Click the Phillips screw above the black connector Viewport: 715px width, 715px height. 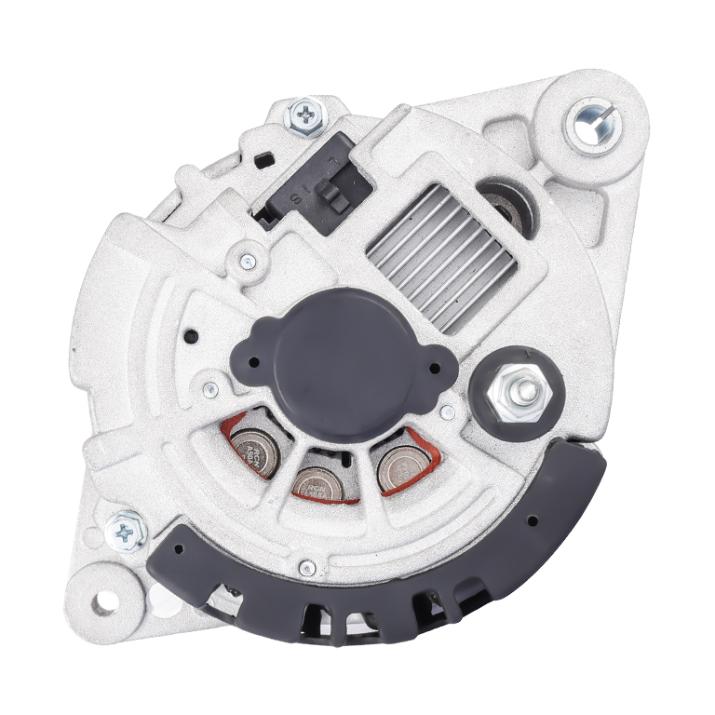point(306,116)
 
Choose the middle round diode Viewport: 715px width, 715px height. point(317,480)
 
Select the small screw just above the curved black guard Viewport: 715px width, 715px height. point(308,564)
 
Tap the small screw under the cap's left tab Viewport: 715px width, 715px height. point(211,388)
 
